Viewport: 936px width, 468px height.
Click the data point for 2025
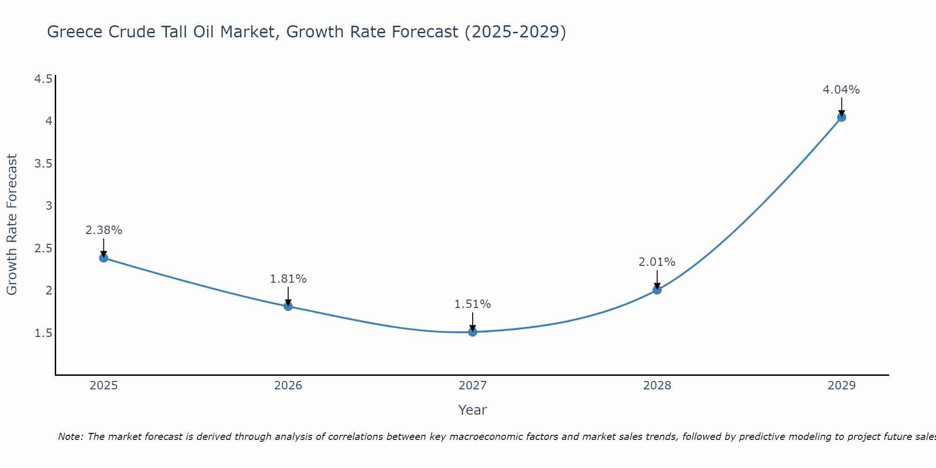point(104,258)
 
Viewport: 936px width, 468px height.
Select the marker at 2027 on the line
point(473,332)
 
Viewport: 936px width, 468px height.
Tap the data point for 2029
point(841,117)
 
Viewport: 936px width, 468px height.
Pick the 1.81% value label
point(288,279)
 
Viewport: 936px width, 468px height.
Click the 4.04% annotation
point(841,90)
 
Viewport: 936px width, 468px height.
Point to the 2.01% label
point(657,262)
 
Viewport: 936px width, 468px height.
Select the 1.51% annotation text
point(473,304)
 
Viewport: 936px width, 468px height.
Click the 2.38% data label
point(104,230)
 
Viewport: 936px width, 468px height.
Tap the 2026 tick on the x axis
point(288,386)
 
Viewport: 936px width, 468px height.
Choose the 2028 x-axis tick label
point(657,386)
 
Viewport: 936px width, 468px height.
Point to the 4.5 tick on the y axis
point(43,79)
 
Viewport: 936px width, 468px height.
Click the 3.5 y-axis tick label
point(43,164)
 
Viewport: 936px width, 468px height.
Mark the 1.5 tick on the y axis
point(43,333)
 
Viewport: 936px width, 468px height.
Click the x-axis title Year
point(473,410)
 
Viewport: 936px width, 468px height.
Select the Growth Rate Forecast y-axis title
point(12,225)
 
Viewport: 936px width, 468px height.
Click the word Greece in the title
point(75,32)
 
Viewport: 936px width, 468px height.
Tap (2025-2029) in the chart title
point(515,32)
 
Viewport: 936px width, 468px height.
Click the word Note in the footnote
point(70,437)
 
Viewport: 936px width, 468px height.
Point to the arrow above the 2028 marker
point(657,280)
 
